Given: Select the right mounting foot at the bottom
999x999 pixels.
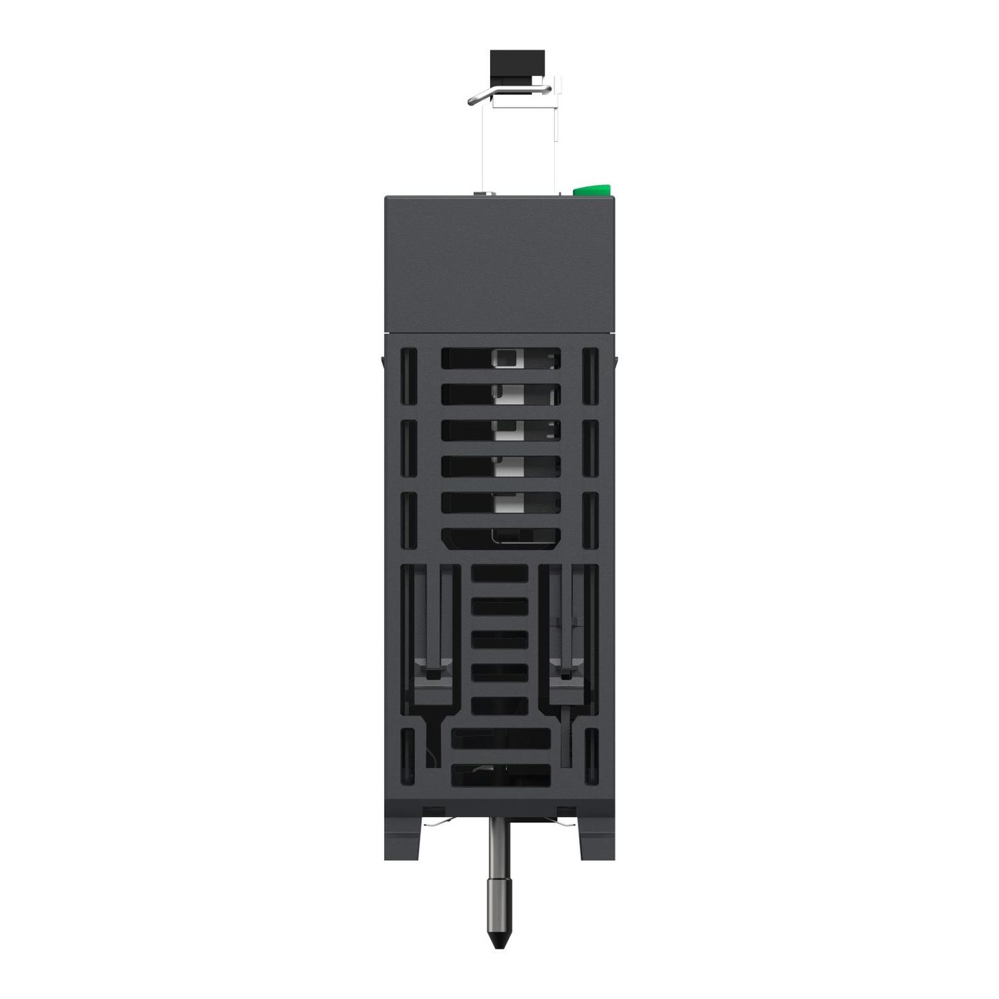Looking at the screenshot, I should (x=596, y=838).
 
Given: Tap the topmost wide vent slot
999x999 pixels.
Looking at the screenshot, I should (x=501, y=359).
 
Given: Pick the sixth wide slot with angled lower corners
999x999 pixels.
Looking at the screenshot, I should (x=501, y=538).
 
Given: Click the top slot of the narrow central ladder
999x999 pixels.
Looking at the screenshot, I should (x=500, y=574).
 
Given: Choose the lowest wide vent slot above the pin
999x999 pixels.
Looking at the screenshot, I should (x=501, y=775).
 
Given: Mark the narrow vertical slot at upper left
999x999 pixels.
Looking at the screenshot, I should (x=409, y=376).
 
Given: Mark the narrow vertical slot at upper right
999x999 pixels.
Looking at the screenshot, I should (x=590, y=376).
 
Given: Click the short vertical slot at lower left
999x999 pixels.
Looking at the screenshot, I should (x=409, y=756).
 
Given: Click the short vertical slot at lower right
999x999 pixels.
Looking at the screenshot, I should (x=591, y=756).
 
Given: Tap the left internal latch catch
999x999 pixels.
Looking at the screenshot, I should (x=432, y=672).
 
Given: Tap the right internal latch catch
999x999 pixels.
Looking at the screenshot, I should (x=567, y=672).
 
